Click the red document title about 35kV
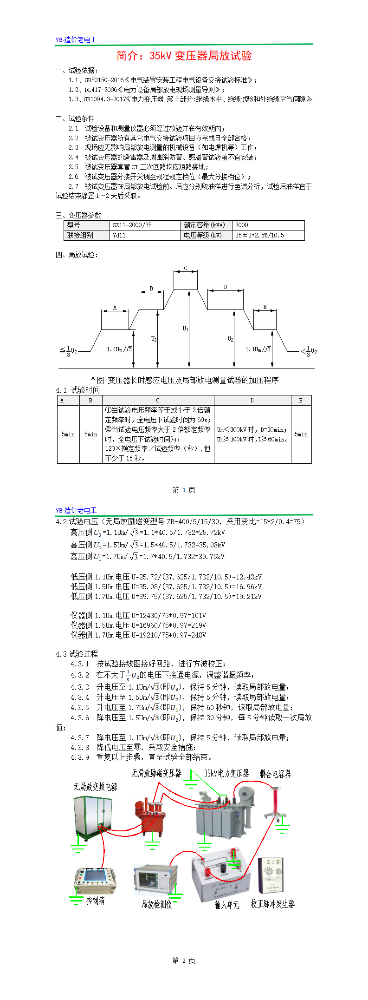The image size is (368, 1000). pos(184,56)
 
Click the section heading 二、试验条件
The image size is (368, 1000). pos(75,118)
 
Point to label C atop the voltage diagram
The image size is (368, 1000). pos(186,268)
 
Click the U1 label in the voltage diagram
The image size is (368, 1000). pos(185,329)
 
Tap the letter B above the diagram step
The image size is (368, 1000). pos(151,289)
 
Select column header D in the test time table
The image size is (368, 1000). pos(252,401)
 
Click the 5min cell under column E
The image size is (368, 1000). pos(301,434)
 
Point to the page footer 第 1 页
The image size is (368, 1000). pos(184,490)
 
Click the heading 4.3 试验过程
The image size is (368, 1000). pos(77,654)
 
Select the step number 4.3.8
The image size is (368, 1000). pos(80,747)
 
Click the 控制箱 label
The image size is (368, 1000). pos(96,901)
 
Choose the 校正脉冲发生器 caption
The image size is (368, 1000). pos(272,904)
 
